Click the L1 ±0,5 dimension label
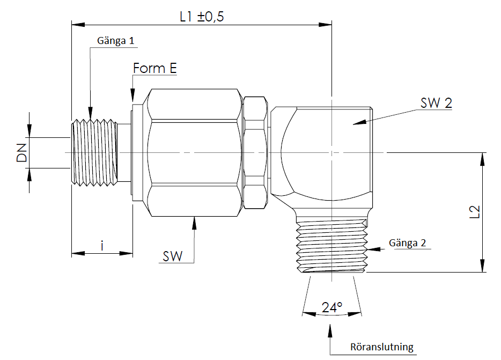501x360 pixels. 201,16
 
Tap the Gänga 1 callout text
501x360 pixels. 115,41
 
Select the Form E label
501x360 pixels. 154,69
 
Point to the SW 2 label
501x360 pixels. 436,104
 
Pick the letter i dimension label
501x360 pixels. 102,246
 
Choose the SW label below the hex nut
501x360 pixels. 173,256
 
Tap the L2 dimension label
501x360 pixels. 474,212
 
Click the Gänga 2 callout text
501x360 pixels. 408,243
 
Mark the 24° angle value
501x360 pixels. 332,307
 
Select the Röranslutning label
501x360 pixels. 382,347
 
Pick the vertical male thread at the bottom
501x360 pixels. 331,244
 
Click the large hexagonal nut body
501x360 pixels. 194,153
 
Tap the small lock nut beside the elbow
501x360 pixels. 255,152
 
